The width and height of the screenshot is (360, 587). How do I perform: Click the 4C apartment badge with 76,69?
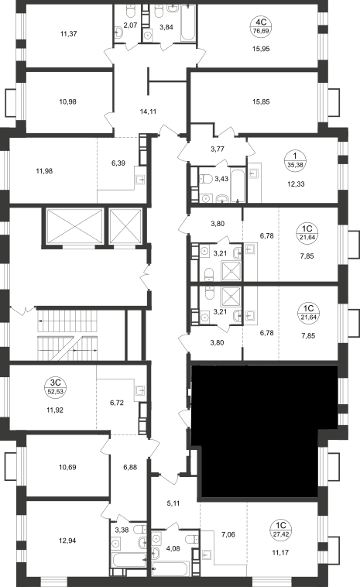pos(261,26)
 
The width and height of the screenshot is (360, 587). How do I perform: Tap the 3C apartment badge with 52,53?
pos(55,387)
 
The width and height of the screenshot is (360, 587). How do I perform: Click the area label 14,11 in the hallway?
pos(148,112)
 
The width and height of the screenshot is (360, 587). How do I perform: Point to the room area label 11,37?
pos(68,34)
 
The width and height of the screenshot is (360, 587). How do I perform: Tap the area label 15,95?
pos(261,49)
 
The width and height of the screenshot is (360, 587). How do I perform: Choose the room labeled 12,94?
pos(67,541)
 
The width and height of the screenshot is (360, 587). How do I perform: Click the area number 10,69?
pos(67,467)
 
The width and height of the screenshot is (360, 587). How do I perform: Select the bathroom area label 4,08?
pos(173,549)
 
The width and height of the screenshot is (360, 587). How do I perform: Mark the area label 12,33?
pos(296,184)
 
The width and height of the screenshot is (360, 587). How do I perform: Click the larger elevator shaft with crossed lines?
pos(75,226)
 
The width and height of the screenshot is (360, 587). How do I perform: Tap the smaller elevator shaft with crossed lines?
pos(125,226)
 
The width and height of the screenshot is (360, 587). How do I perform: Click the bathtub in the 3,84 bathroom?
pos(188,22)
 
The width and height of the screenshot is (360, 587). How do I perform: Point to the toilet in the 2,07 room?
pos(131,12)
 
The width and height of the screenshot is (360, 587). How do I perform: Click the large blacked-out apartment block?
pos(262,431)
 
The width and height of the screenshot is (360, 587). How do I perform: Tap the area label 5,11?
pos(173,503)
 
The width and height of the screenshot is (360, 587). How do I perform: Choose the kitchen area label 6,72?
pos(117,403)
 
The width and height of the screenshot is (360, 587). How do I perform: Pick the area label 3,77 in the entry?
pos(217,149)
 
